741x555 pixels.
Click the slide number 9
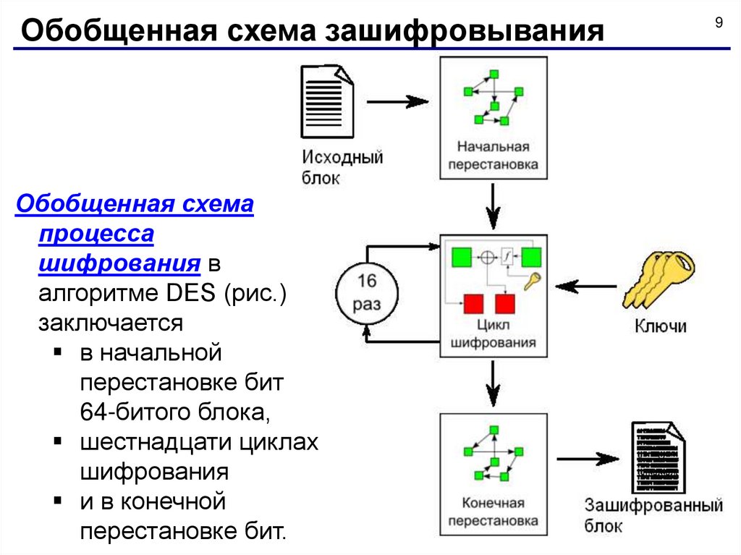719,22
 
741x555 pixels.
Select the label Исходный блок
342,167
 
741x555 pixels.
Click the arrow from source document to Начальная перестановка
398,101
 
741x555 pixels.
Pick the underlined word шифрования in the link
119,264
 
